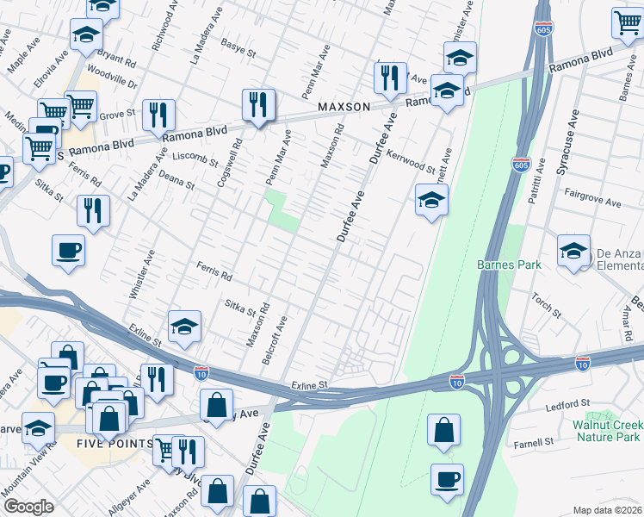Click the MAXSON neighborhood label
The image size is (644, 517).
coord(344,107)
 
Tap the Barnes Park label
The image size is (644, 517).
coord(510,265)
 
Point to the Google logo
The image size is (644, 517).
coord(28,507)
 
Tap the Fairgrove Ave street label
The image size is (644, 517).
coord(592,202)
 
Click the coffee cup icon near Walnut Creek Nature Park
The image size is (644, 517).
coord(447,480)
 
